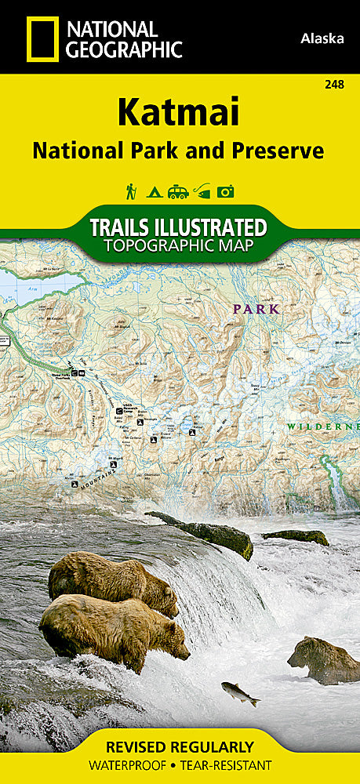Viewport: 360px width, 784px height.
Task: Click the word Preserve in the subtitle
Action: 276,151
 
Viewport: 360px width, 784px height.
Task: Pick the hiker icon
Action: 131,191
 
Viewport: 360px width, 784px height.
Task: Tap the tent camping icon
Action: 155,191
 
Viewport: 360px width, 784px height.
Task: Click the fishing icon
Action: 202,191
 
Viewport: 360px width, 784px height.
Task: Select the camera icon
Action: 227,191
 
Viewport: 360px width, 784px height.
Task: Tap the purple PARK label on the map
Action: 256,309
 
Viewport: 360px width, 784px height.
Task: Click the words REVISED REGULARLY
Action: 180,746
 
